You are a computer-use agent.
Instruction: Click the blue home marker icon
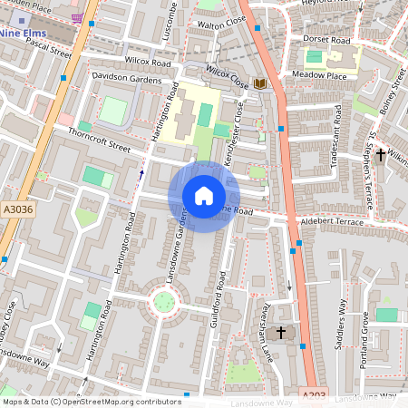(204, 196)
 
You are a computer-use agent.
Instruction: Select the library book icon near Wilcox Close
(260, 83)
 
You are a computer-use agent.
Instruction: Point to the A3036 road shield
(16, 209)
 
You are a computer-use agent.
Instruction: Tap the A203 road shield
(313, 394)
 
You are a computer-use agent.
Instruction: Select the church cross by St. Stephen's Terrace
(382, 155)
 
